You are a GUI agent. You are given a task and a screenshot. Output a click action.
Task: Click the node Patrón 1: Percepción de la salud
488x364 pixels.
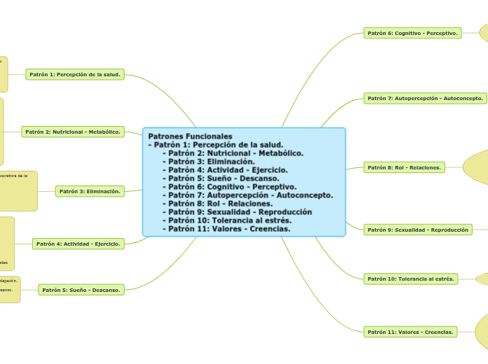click(x=75, y=74)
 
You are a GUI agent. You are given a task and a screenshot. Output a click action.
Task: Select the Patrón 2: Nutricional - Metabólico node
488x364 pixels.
click(x=73, y=132)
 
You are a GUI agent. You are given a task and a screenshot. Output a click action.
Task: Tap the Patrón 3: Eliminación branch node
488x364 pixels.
click(x=90, y=191)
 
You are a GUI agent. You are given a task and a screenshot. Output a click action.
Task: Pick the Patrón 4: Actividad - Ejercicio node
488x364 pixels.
click(x=78, y=244)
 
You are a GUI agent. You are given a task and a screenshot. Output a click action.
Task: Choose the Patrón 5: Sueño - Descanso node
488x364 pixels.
click(x=81, y=289)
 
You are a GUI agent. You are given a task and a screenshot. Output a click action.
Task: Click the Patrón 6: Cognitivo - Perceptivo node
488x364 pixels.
click(x=412, y=33)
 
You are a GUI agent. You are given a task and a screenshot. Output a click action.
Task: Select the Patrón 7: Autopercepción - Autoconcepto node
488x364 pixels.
click(x=425, y=99)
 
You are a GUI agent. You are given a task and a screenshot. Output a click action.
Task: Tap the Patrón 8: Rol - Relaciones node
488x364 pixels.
click(x=404, y=167)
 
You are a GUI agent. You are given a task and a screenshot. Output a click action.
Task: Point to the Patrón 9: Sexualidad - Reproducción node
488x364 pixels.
click(x=417, y=230)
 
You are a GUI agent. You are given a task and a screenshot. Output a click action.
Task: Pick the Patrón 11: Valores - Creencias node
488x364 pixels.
click(x=411, y=331)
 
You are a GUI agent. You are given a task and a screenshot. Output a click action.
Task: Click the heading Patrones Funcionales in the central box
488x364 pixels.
click(x=190, y=136)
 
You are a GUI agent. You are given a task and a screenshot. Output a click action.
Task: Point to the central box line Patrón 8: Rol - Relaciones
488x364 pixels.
click(x=221, y=204)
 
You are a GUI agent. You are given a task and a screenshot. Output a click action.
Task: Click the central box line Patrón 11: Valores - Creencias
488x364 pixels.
click(x=229, y=229)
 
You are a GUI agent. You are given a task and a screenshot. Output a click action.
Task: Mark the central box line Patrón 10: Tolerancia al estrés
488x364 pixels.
click(x=226, y=220)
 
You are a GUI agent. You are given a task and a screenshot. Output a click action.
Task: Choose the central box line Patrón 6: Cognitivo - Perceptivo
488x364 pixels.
click(x=232, y=187)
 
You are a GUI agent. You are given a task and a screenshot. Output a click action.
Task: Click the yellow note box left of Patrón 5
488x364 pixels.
click(x=9, y=289)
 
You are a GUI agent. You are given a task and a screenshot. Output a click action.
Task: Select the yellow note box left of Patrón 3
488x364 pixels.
click(x=18, y=190)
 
